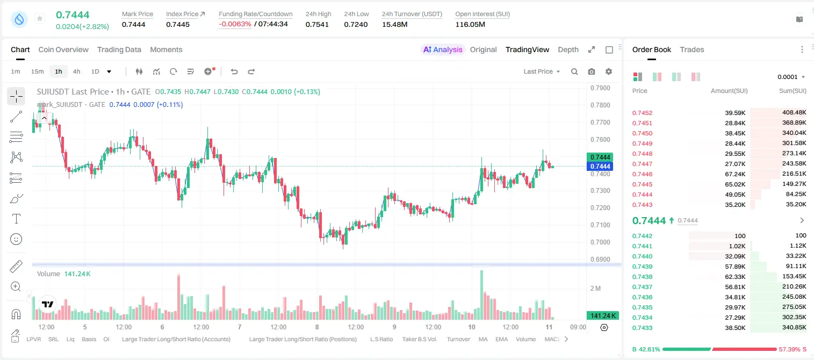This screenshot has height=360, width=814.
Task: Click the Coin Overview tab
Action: (x=63, y=49)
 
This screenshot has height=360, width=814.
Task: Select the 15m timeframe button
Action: (x=38, y=71)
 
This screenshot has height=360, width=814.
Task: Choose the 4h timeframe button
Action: (x=76, y=71)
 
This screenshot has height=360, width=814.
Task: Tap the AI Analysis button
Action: (x=443, y=49)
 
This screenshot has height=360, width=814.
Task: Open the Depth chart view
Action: (x=568, y=49)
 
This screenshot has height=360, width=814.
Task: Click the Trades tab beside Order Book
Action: (x=692, y=49)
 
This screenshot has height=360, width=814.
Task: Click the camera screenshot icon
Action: (x=592, y=71)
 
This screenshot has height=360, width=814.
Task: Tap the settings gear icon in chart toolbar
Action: (x=609, y=71)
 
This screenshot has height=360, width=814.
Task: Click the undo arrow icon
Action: (x=234, y=71)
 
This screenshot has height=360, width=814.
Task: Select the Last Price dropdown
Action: (x=542, y=71)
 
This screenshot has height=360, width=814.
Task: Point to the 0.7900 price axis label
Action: (x=600, y=88)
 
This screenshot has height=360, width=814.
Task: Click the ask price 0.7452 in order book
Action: (x=642, y=113)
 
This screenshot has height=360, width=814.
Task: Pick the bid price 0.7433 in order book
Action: (x=642, y=328)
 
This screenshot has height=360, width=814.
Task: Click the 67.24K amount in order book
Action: (x=735, y=174)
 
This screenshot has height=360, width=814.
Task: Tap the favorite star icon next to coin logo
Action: (x=40, y=18)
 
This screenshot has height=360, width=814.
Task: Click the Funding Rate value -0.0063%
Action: (x=235, y=24)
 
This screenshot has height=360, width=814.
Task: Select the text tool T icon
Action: (x=16, y=219)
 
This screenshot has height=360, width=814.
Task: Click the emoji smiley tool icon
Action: (x=16, y=239)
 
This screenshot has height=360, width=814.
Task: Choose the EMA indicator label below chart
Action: (x=501, y=339)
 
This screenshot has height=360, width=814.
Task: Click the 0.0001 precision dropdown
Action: (x=791, y=77)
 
